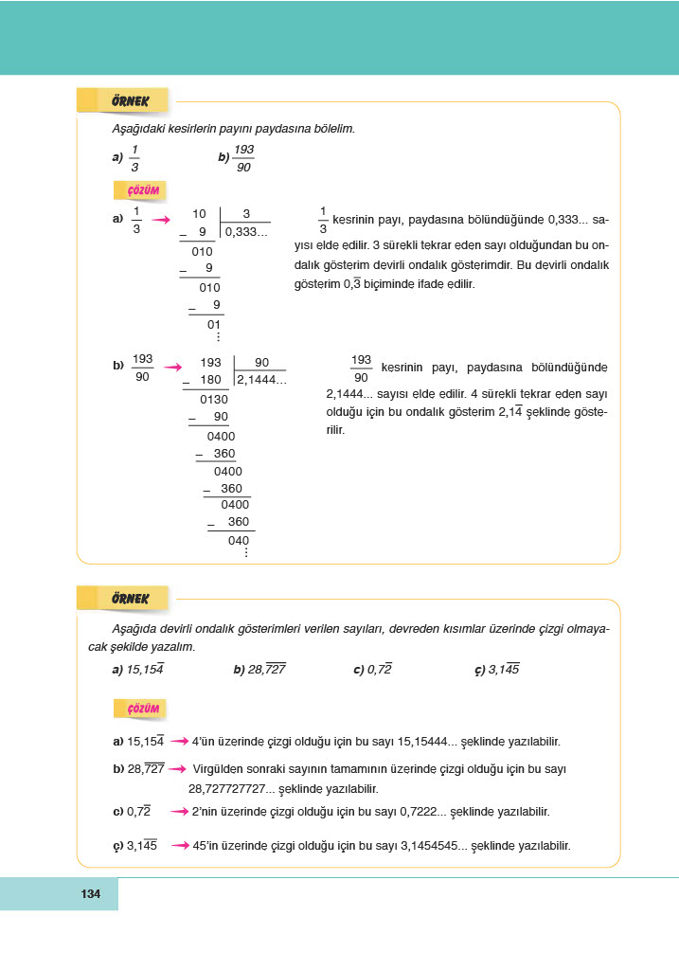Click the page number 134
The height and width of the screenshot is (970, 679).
(91, 894)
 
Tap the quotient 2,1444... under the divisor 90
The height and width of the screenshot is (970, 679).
(261, 380)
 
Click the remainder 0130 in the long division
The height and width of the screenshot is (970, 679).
(214, 399)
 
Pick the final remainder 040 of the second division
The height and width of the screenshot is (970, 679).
(239, 541)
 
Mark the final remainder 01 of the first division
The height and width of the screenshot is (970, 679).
(214, 323)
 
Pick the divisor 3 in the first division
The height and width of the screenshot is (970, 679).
(246, 214)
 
